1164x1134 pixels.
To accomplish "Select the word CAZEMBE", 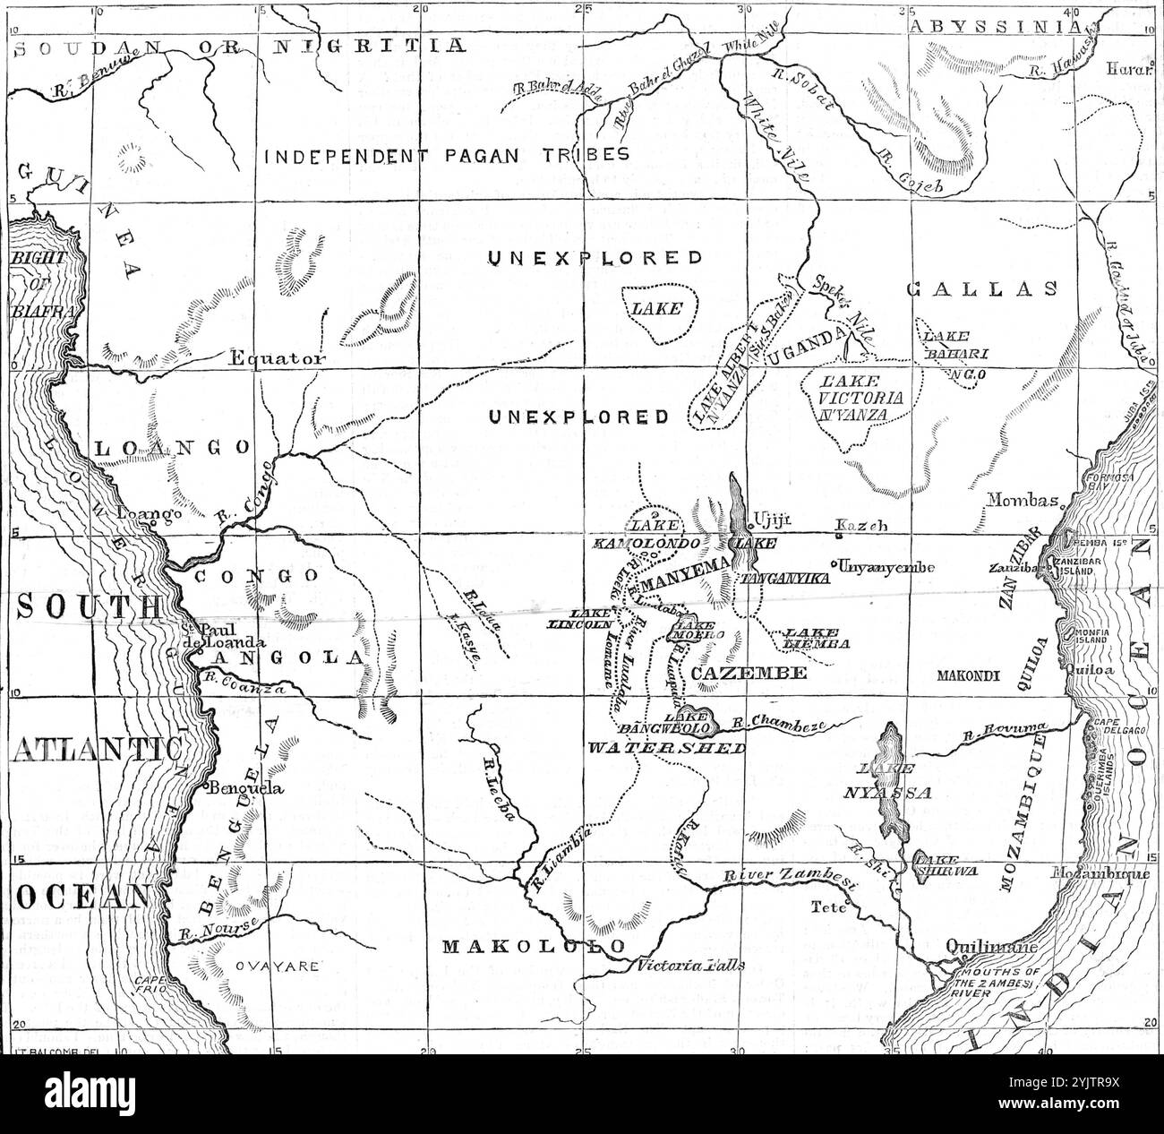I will [736, 672].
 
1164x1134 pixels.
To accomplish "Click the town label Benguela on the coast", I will [244, 789].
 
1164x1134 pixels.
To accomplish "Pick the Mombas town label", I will [1023, 501].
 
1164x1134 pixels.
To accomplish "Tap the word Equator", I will [273, 358].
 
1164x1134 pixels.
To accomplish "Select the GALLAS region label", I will [981, 288].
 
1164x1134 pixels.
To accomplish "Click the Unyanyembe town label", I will [886, 567].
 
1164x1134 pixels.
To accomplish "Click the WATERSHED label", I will [667, 748].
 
